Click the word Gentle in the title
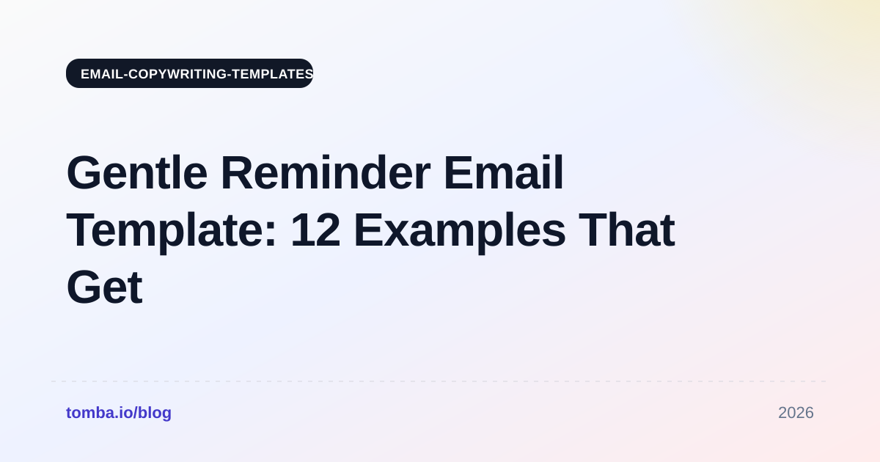137,173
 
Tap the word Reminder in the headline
326,173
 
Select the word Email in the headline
504,173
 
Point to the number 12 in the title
315,230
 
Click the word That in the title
626,230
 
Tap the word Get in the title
104,287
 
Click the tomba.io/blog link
119,413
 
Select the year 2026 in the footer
796,413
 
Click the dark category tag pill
189,73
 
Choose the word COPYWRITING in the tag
177,74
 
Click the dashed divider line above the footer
439,381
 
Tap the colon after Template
271,235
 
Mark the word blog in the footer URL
155,413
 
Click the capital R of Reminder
238,173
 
